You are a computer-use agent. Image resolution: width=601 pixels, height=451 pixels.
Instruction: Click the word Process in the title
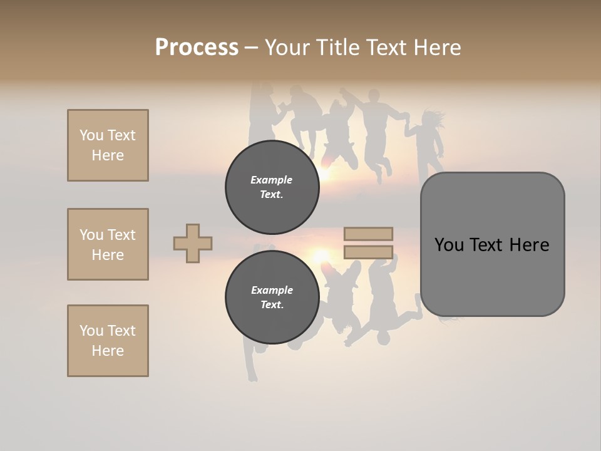coord(197,48)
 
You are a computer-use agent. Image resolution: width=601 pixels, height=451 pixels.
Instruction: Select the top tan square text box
coord(108,145)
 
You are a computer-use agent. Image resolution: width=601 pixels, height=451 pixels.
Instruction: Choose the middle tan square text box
coord(108,244)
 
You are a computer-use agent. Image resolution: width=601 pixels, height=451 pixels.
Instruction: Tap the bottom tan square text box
coord(108,341)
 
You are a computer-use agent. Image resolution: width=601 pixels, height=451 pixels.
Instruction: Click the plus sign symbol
coord(193,243)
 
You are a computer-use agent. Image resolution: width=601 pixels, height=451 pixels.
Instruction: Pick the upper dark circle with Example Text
coord(272,187)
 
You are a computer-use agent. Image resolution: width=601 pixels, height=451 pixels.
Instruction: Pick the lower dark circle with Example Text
coord(272,298)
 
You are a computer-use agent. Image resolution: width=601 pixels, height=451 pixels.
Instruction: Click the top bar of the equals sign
coord(368,234)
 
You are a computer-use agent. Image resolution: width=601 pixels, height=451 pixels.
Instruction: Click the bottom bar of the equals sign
coord(368,252)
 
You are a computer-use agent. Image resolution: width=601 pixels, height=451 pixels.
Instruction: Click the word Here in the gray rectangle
coord(529,245)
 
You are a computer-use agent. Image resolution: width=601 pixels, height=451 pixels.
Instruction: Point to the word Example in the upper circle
coord(272,180)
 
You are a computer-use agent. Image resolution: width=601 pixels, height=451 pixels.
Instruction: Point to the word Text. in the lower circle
coord(272,305)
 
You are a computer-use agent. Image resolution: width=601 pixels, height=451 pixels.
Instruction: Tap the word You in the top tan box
coord(91,135)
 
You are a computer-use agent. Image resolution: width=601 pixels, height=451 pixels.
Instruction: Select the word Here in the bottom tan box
coord(108,351)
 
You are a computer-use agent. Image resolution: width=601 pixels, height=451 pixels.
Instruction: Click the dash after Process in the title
coord(251,48)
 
